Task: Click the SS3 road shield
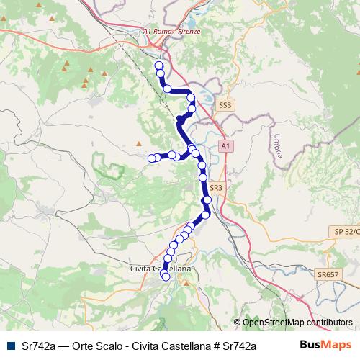[x=225, y=105]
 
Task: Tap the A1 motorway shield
[x=225, y=146]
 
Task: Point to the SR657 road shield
[x=328, y=274]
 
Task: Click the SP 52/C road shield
[x=346, y=230]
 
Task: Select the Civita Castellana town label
[x=160, y=268]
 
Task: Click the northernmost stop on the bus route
[x=158, y=66]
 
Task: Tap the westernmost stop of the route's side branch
[x=152, y=158]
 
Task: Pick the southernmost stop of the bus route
[x=166, y=276]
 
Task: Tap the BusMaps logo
[x=326, y=346]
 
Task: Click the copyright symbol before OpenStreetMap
[x=238, y=323]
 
